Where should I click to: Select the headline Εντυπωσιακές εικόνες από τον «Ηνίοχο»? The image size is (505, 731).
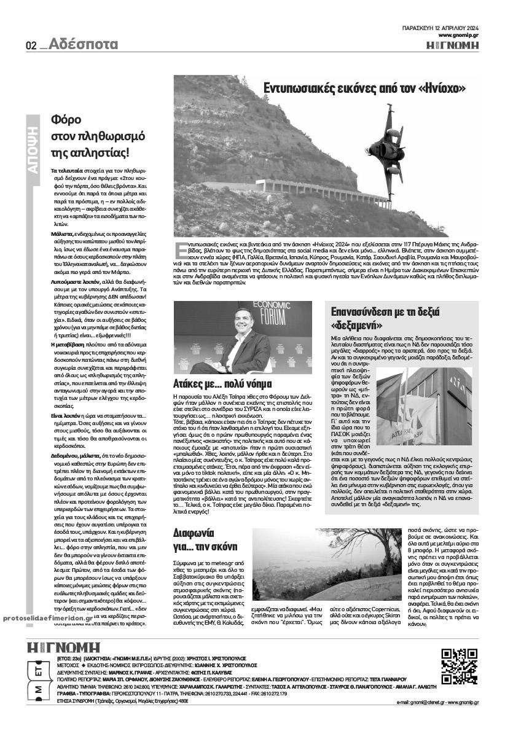[x=364, y=87]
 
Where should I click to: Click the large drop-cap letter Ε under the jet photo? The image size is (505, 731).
[x=181, y=248]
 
